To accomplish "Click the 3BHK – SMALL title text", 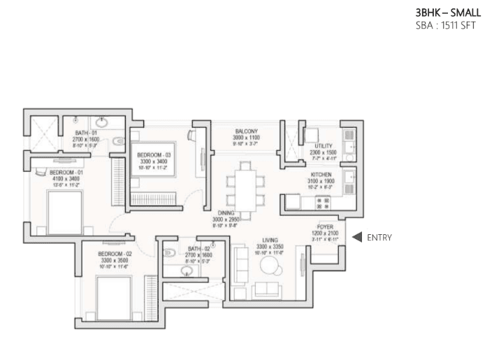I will [x=448, y=12].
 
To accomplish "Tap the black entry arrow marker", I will [x=356, y=238].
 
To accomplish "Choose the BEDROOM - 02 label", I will [x=115, y=254].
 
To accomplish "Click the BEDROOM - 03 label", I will [x=153, y=154].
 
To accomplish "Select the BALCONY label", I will [x=247, y=131].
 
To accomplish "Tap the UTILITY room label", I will [x=323, y=145].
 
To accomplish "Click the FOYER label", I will [x=325, y=227].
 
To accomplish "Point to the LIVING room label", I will [x=269, y=240].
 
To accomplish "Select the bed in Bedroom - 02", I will [x=113, y=298].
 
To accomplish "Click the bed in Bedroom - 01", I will [x=64, y=212].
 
